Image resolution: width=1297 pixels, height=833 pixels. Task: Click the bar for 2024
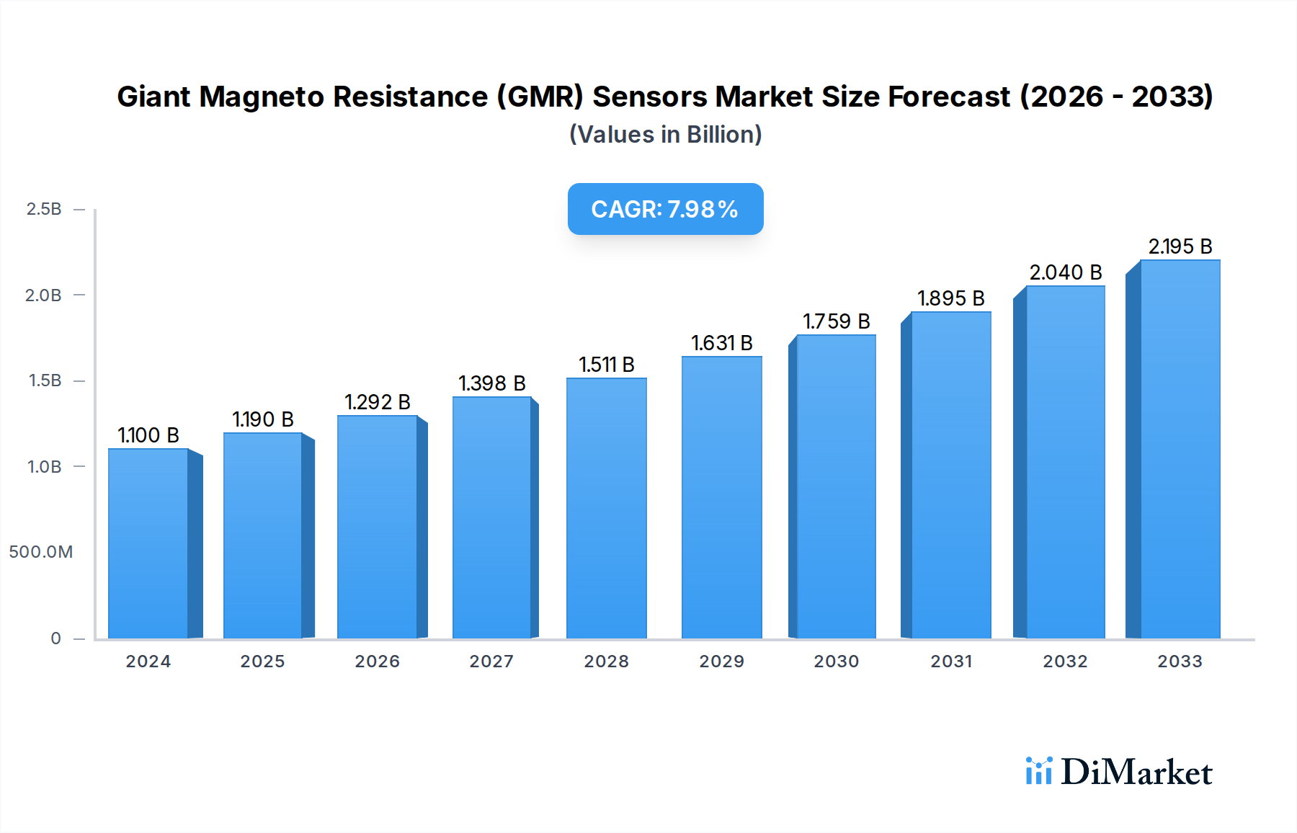tap(148, 544)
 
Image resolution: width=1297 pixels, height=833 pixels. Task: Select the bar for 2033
tap(1180, 450)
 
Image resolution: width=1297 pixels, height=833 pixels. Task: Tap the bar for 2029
tap(721, 498)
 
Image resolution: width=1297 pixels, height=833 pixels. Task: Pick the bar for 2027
tap(492, 518)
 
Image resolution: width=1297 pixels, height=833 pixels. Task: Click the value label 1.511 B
tap(607, 365)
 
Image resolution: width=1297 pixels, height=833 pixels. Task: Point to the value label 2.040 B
tap(1066, 272)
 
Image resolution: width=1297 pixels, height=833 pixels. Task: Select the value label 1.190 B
tap(263, 419)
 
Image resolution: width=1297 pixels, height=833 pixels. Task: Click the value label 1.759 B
tap(837, 321)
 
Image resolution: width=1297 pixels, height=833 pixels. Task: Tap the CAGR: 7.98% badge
tap(665, 209)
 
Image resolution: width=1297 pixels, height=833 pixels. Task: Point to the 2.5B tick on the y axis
tap(44, 209)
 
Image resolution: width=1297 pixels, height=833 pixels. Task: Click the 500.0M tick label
tap(41, 552)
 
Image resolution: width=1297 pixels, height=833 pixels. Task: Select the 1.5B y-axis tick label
tap(45, 380)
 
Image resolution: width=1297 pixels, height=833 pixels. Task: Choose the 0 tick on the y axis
tap(55, 638)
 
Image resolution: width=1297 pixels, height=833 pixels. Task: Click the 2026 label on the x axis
tap(377, 661)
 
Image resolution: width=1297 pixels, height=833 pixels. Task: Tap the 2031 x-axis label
tap(951, 661)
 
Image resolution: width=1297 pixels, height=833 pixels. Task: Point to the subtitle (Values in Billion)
tap(665, 135)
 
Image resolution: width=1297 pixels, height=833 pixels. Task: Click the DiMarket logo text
tap(1136, 772)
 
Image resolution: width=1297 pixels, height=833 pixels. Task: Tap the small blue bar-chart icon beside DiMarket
tap(1039, 771)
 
